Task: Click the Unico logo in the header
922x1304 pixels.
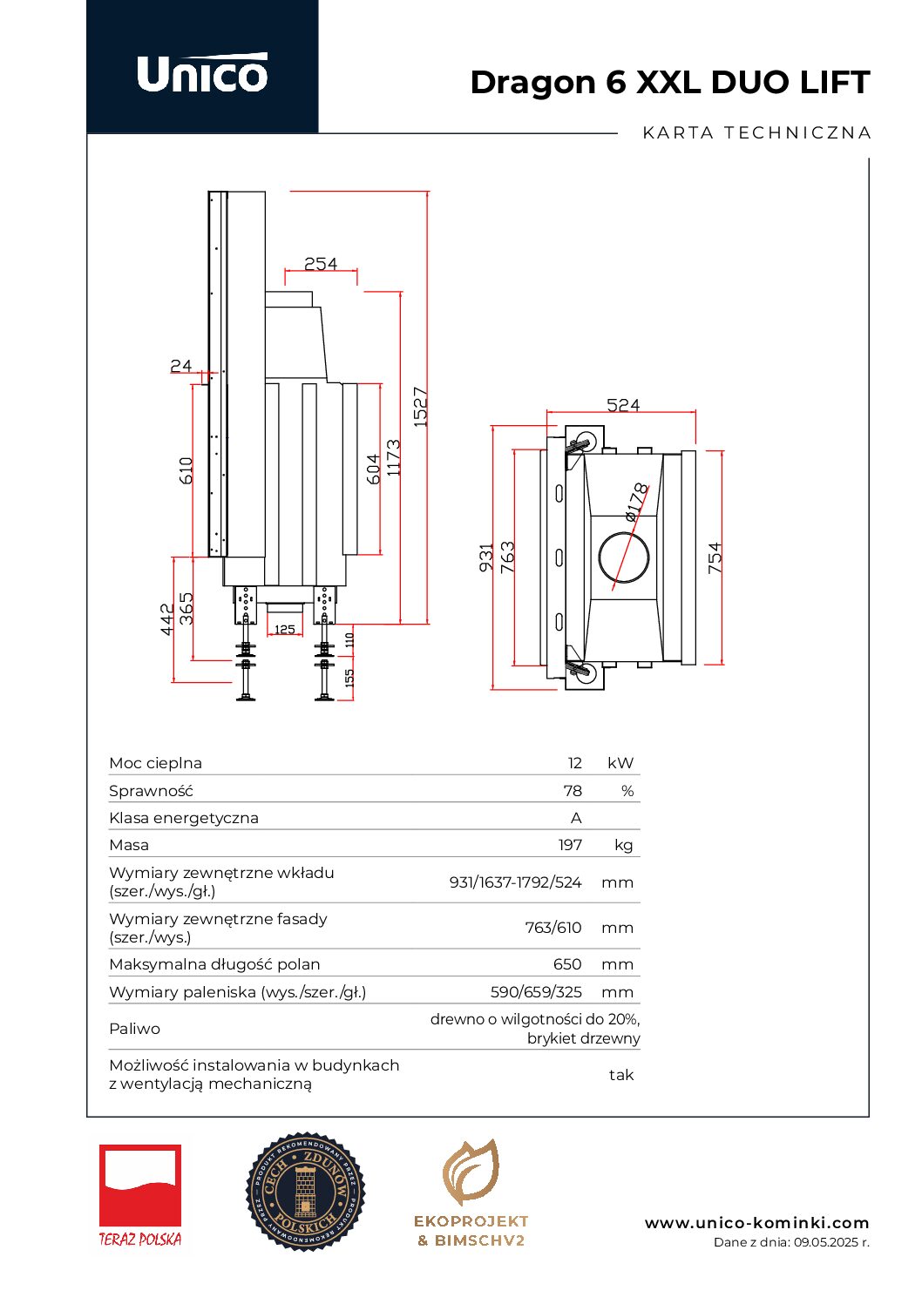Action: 202,73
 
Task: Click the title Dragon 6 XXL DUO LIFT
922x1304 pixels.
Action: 669,83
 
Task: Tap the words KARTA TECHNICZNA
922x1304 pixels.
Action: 756,133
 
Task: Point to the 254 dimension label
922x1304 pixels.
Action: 320,263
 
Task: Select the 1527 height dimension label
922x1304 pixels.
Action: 420,407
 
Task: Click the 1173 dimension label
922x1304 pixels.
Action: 394,457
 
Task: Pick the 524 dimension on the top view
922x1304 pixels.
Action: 623,405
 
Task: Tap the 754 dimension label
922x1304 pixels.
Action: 715,557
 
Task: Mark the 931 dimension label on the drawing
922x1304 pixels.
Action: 486,557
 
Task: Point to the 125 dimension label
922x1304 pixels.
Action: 285,629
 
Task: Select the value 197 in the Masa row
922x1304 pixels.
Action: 570,845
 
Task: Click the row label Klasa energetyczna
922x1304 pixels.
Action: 184,818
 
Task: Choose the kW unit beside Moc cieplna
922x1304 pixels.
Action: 620,763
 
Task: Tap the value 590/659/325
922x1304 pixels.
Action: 536,992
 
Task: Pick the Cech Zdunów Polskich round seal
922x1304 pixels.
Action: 305,1192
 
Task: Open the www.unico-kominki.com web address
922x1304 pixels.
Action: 756,1223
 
